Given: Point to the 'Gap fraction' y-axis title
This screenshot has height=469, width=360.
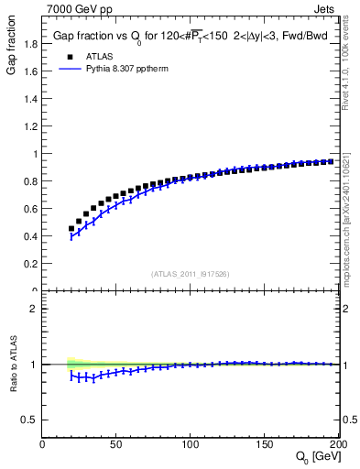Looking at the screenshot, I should coord(12,48).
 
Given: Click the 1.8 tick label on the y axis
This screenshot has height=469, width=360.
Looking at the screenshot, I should coord(29,44).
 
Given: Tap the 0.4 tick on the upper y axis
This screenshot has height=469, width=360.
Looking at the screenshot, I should coord(29,236).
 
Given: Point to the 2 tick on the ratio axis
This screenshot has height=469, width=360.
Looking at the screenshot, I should coord(35,310).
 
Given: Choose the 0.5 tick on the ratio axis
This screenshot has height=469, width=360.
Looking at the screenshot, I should coord(29,420).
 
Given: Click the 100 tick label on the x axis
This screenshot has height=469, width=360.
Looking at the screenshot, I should coord(191,444).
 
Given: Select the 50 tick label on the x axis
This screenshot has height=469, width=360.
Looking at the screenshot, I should coord(116,444).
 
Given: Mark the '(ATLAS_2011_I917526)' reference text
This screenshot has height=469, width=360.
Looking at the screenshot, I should coord(190,274).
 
